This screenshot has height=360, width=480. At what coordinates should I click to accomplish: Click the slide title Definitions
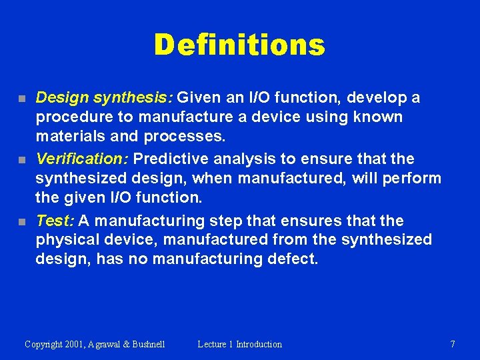coord(239,45)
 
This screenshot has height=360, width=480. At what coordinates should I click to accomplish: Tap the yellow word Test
coord(55,221)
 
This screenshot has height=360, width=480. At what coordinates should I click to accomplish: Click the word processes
coord(193,137)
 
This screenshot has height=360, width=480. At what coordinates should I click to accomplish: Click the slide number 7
coord(453,344)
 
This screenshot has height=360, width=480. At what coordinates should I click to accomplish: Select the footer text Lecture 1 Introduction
coord(239,344)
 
